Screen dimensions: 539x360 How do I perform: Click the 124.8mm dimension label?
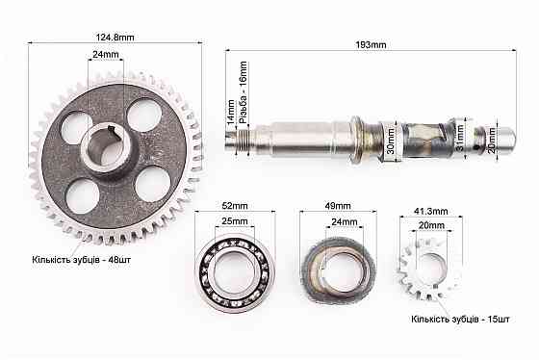[115, 37]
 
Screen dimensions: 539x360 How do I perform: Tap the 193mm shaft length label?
[371, 44]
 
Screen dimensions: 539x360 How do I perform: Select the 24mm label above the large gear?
[106, 54]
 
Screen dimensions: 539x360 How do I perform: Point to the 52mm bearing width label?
[235, 206]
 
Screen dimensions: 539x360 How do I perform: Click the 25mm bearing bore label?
[235, 221]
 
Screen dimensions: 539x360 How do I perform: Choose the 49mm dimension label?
[338, 206]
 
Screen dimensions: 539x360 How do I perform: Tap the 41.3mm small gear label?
[431, 211]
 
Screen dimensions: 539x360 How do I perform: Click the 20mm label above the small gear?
[431, 225]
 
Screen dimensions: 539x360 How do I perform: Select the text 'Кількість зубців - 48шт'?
[82, 259]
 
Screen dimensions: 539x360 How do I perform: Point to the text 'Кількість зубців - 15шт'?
[460, 319]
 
